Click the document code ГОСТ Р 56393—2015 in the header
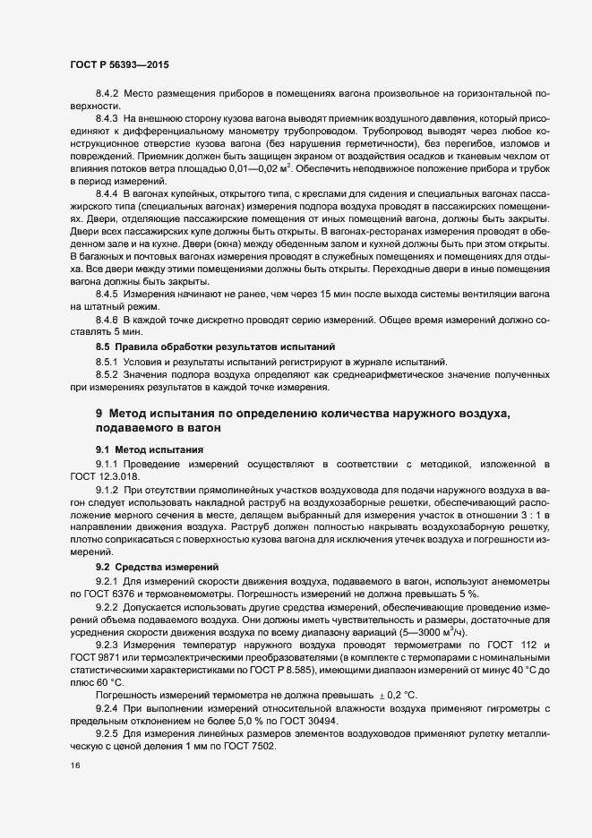point(118,65)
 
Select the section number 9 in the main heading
point(99,414)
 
